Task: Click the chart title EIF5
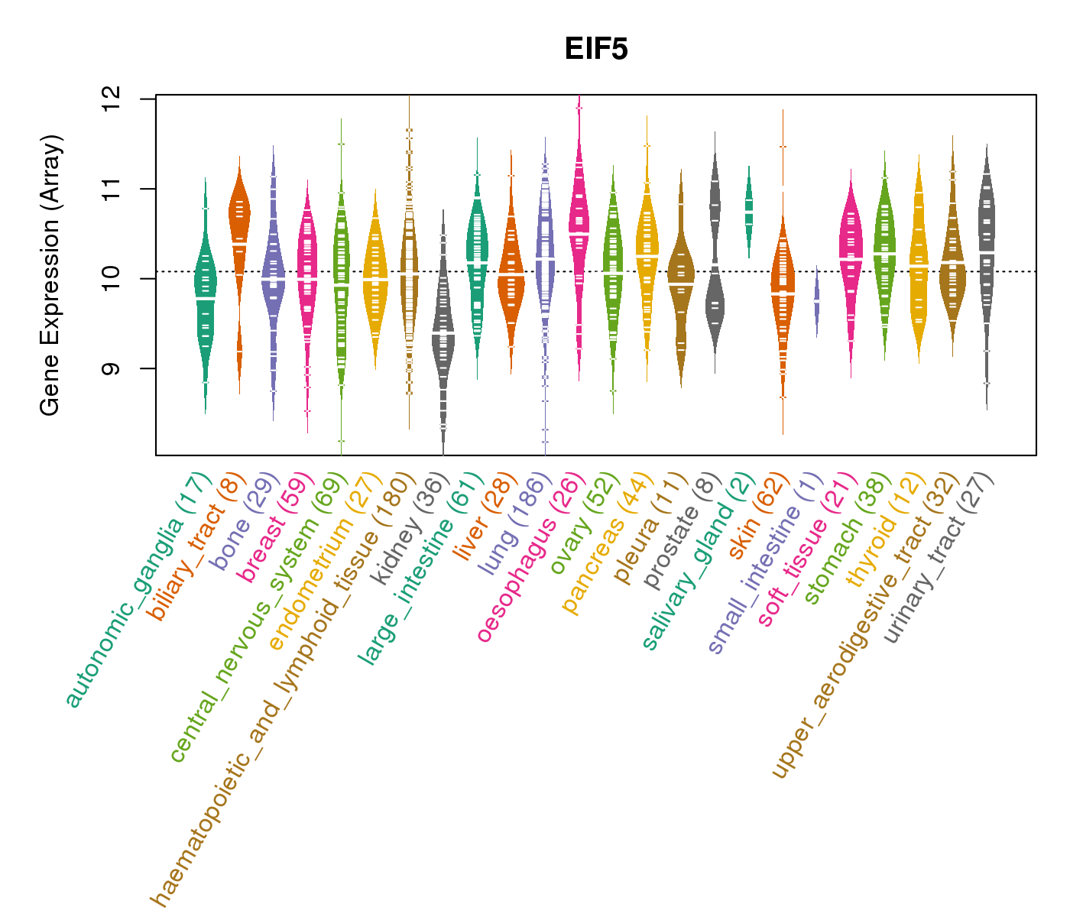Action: tap(596, 50)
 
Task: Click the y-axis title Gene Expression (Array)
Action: tap(50, 275)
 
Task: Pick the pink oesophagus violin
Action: tap(579, 229)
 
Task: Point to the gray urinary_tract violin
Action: tap(987, 252)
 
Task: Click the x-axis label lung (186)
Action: tap(514, 524)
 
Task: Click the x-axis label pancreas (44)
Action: tap(608, 543)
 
